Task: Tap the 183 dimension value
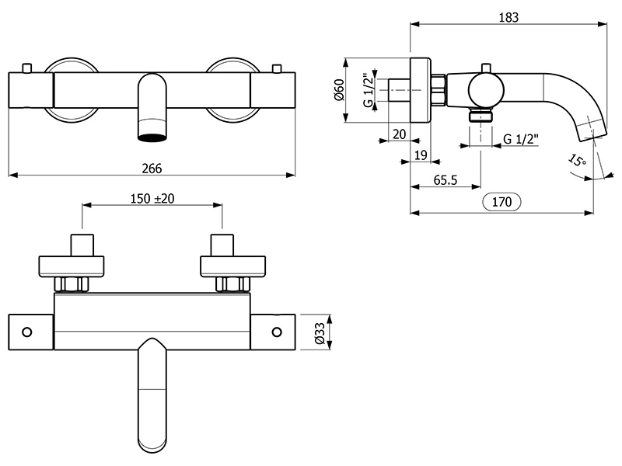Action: (508, 17)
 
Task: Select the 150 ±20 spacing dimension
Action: (152, 198)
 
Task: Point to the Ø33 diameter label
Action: (318, 332)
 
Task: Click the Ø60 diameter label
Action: (338, 92)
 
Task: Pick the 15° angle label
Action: (576, 162)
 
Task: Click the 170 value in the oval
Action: (501, 203)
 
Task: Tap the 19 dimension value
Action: (420, 155)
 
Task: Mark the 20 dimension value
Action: (400, 134)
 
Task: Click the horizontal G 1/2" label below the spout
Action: (518, 140)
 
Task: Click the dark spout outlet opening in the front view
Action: (152, 137)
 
